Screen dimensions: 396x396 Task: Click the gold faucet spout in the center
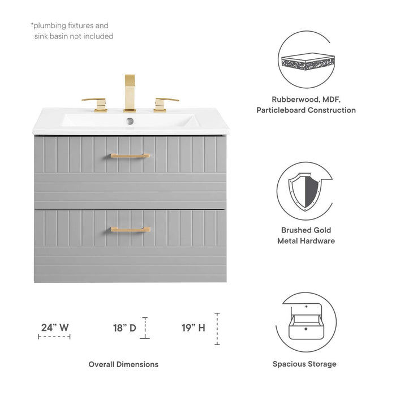(x=130, y=92)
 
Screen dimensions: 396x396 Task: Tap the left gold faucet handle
(x=96, y=104)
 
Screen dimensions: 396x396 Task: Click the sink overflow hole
(x=130, y=120)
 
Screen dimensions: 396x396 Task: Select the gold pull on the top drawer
(x=130, y=156)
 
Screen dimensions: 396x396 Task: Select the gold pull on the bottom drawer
(x=130, y=229)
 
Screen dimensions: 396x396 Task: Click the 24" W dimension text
(x=55, y=327)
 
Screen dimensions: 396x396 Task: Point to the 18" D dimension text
(x=125, y=327)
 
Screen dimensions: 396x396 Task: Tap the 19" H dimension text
(x=193, y=327)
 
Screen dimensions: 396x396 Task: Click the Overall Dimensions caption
(x=123, y=364)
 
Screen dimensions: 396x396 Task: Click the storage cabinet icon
(x=306, y=321)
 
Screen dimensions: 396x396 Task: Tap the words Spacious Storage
(x=304, y=364)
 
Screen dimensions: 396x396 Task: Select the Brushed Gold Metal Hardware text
(x=306, y=235)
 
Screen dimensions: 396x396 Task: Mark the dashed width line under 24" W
(x=54, y=337)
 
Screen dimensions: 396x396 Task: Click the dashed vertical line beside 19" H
(x=217, y=329)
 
